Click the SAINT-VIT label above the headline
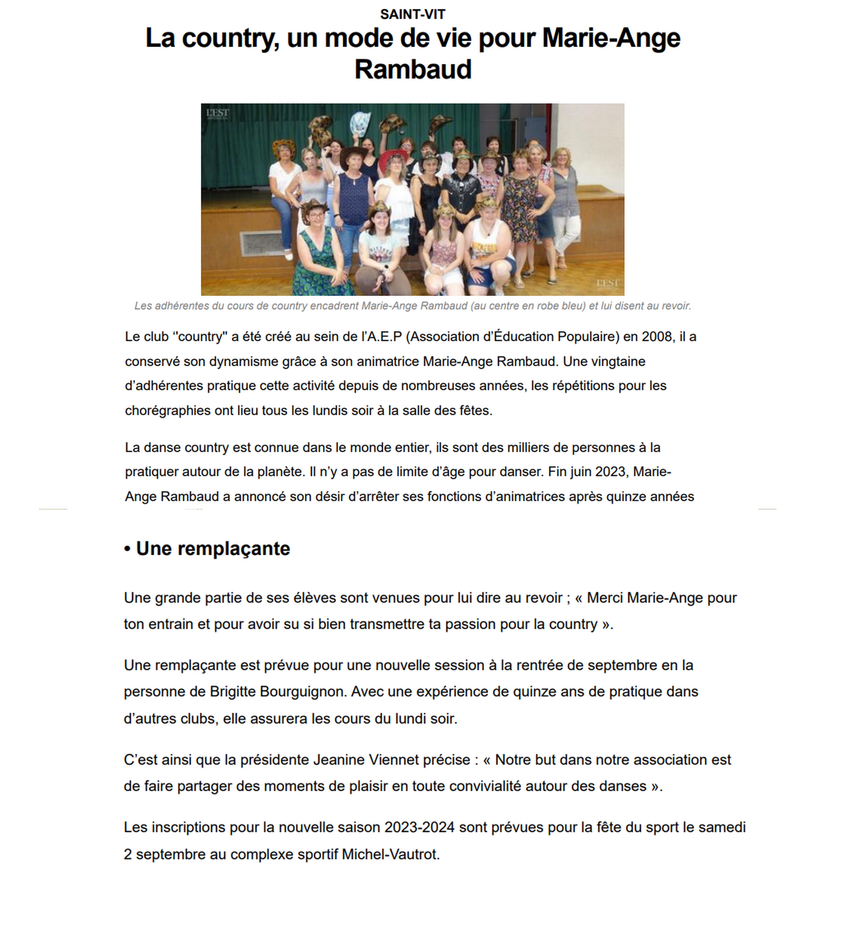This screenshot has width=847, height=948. click(x=412, y=15)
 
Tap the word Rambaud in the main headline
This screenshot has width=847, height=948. click(x=413, y=69)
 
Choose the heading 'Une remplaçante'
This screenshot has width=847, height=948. click(x=213, y=548)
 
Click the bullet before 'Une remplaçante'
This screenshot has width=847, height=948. click(x=127, y=549)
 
